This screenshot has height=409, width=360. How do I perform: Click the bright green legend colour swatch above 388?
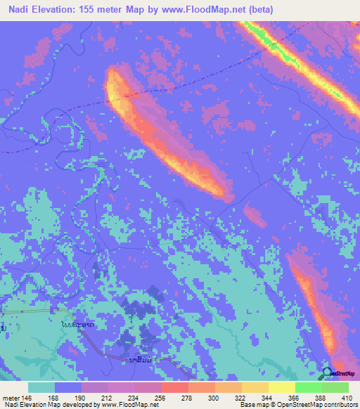[x=309, y=387]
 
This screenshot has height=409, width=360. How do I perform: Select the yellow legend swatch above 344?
[x=255, y=387]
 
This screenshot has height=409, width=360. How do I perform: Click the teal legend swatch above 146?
[x=41, y=387]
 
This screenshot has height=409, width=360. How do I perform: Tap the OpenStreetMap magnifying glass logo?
[x=328, y=374]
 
